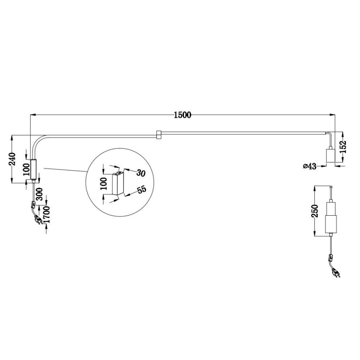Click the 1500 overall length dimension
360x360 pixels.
point(182,115)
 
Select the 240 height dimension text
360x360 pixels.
point(12,158)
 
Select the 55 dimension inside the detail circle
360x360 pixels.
point(141,190)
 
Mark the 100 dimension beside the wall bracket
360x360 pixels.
point(26,169)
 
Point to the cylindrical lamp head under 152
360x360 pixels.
point(330,157)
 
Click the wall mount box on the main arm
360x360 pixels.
point(33,169)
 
